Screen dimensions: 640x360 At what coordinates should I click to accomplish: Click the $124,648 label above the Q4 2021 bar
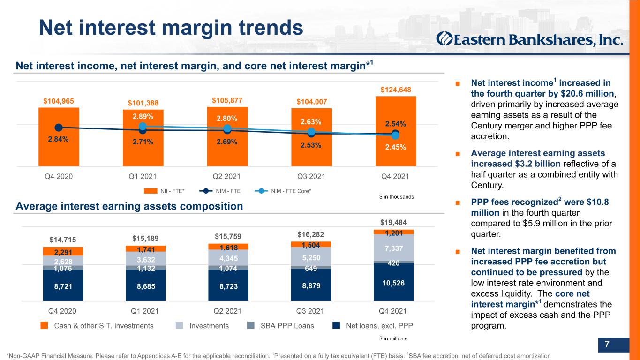click(x=396, y=90)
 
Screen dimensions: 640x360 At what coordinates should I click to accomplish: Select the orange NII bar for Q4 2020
click(x=59, y=137)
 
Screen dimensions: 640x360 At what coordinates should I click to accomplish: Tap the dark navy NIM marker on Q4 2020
click(x=59, y=127)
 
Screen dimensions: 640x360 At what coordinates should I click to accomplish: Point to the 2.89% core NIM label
click(x=143, y=117)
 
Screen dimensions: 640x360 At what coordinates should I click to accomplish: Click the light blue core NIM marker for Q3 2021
click(x=311, y=132)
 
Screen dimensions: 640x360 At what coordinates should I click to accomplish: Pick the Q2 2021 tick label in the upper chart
click(x=226, y=176)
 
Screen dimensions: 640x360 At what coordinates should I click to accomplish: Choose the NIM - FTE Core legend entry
click(x=283, y=191)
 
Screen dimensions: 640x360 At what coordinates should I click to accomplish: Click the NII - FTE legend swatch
click(x=151, y=191)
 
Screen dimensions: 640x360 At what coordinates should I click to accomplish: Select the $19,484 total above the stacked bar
click(x=393, y=222)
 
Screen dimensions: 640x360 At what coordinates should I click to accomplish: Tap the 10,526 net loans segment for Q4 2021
click(x=393, y=282)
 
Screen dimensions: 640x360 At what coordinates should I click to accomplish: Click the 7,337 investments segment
click(x=393, y=247)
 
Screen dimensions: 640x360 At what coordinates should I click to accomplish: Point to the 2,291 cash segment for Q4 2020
click(x=63, y=251)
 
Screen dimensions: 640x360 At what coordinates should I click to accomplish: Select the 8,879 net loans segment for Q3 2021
click(x=311, y=285)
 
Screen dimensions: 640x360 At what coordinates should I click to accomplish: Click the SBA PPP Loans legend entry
click(x=280, y=326)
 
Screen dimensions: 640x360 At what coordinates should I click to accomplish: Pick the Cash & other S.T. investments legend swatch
click(x=44, y=325)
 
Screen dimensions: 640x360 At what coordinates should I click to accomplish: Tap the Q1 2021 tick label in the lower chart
click(x=144, y=311)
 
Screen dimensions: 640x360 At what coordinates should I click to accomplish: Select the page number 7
click(x=607, y=344)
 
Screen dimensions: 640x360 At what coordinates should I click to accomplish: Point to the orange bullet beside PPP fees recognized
click(x=458, y=203)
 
